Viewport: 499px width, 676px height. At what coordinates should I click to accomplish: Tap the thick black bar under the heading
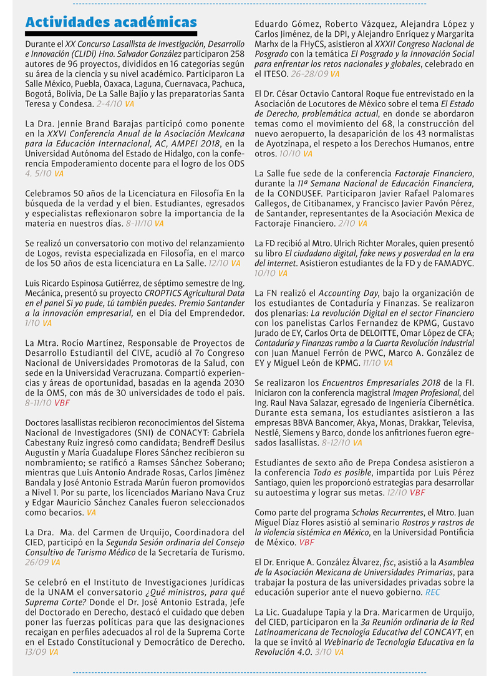pos(111,34)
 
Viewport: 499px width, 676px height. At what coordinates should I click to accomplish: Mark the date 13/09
pos(36,651)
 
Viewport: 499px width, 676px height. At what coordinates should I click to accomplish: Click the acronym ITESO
pos(272,74)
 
